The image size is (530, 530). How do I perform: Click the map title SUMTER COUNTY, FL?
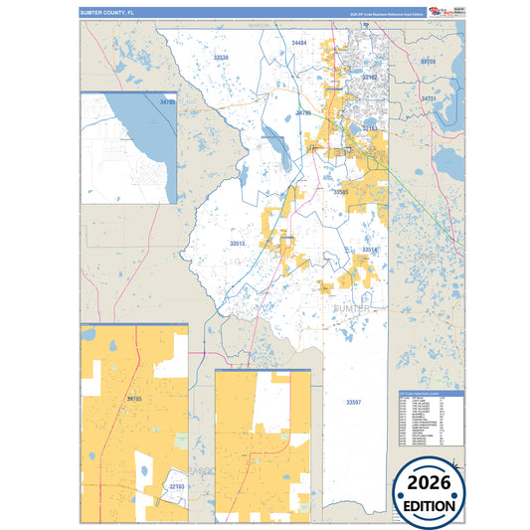(x=104, y=12)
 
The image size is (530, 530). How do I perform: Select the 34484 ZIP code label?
(x=299, y=44)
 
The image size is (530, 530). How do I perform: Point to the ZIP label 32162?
(x=370, y=76)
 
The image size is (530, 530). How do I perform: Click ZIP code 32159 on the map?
(x=429, y=62)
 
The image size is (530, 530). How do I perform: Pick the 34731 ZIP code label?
(x=430, y=99)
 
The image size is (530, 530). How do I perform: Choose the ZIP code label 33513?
(x=237, y=243)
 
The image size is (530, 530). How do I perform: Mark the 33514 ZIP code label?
(x=369, y=250)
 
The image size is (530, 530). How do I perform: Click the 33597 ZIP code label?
(x=354, y=401)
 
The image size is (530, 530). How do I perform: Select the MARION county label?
(x=260, y=25)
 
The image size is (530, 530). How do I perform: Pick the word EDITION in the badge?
(x=429, y=504)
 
